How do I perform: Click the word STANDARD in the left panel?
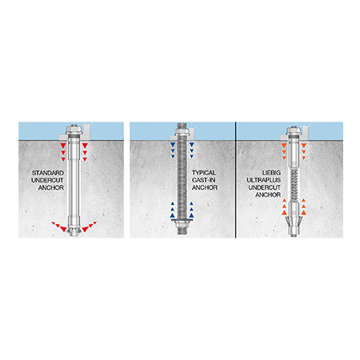(48, 173)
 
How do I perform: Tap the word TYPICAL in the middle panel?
(204, 173)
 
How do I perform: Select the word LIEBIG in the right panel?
(271, 173)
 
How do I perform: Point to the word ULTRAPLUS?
(264, 180)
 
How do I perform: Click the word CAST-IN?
(204, 180)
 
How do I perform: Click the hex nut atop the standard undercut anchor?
(74, 130)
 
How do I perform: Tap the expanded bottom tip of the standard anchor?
(74, 231)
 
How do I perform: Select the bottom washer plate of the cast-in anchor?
(182, 220)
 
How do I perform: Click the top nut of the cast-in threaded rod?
(182, 131)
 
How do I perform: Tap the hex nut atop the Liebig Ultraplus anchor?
(294, 130)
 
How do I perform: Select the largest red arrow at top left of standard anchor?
(63, 146)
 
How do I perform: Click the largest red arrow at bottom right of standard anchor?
(85, 229)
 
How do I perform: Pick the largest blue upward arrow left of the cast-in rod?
(173, 215)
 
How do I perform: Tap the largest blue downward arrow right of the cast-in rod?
(191, 145)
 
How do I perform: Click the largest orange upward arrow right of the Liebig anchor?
(303, 213)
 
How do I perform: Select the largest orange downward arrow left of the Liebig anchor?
(284, 146)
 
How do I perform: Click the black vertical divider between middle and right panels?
(235, 180)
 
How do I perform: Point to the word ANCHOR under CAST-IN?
(205, 188)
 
